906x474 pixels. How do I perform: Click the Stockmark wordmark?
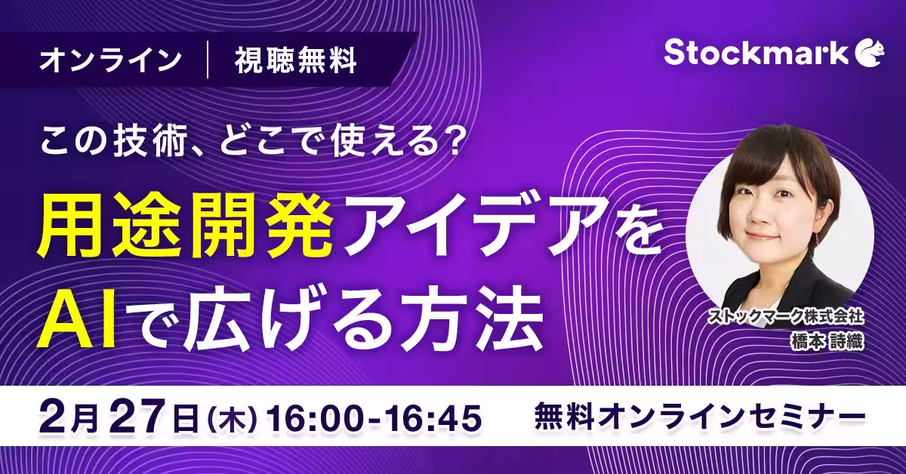click(x=756, y=53)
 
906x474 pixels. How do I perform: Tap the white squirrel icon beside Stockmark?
click(x=870, y=53)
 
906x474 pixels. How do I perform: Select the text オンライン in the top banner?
click(x=110, y=60)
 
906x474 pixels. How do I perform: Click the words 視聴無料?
click(x=296, y=60)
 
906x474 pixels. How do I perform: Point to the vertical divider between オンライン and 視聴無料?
click(x=208, y=60)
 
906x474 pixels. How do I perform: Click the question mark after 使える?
click(x=449, y=142)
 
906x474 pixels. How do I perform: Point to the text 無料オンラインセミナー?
click(x=699, y=417)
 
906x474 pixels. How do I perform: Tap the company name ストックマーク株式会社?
click(x=785, y=317)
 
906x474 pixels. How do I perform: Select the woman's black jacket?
click(x=793, y=293)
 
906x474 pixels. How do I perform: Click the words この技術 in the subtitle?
click(x=113, y=142)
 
